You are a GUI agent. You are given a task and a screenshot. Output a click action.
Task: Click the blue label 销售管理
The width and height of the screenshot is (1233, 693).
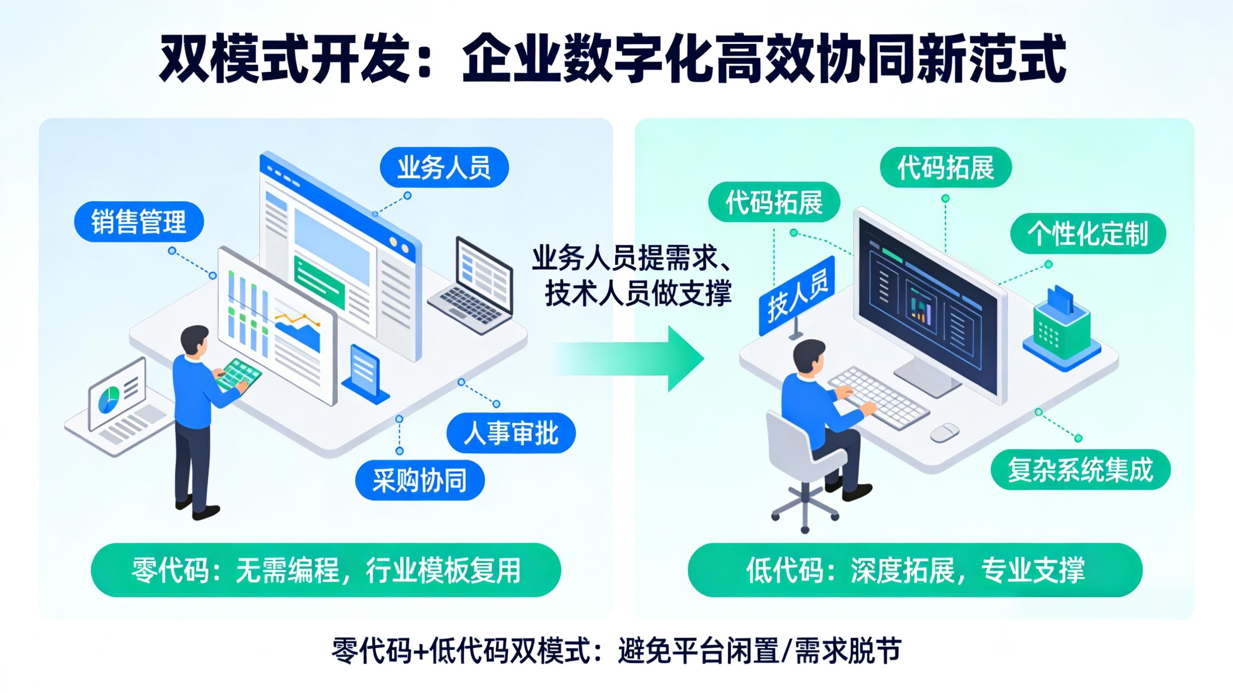click(x=139, y=222)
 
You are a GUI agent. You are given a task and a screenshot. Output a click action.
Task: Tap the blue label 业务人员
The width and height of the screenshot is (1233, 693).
click(x=444, y=167)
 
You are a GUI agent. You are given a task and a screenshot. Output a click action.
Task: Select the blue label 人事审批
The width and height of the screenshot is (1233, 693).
click(x=511, y=433)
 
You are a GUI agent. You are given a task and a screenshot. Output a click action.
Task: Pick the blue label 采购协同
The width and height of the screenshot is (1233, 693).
click(x=420, y=480)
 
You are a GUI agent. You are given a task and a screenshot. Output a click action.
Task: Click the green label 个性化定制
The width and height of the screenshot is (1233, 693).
click(x=1088, y=234)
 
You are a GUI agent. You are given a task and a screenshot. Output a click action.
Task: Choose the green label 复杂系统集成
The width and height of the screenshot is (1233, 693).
click(x=1080, y=470)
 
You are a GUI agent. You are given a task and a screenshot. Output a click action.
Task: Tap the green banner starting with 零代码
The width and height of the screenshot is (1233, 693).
click(x=326, y=570)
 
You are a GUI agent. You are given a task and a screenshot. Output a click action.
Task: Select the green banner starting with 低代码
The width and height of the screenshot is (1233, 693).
click(x=915, y=570)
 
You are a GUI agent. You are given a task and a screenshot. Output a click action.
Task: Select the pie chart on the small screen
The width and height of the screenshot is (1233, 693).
click(x=109, y=399)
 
